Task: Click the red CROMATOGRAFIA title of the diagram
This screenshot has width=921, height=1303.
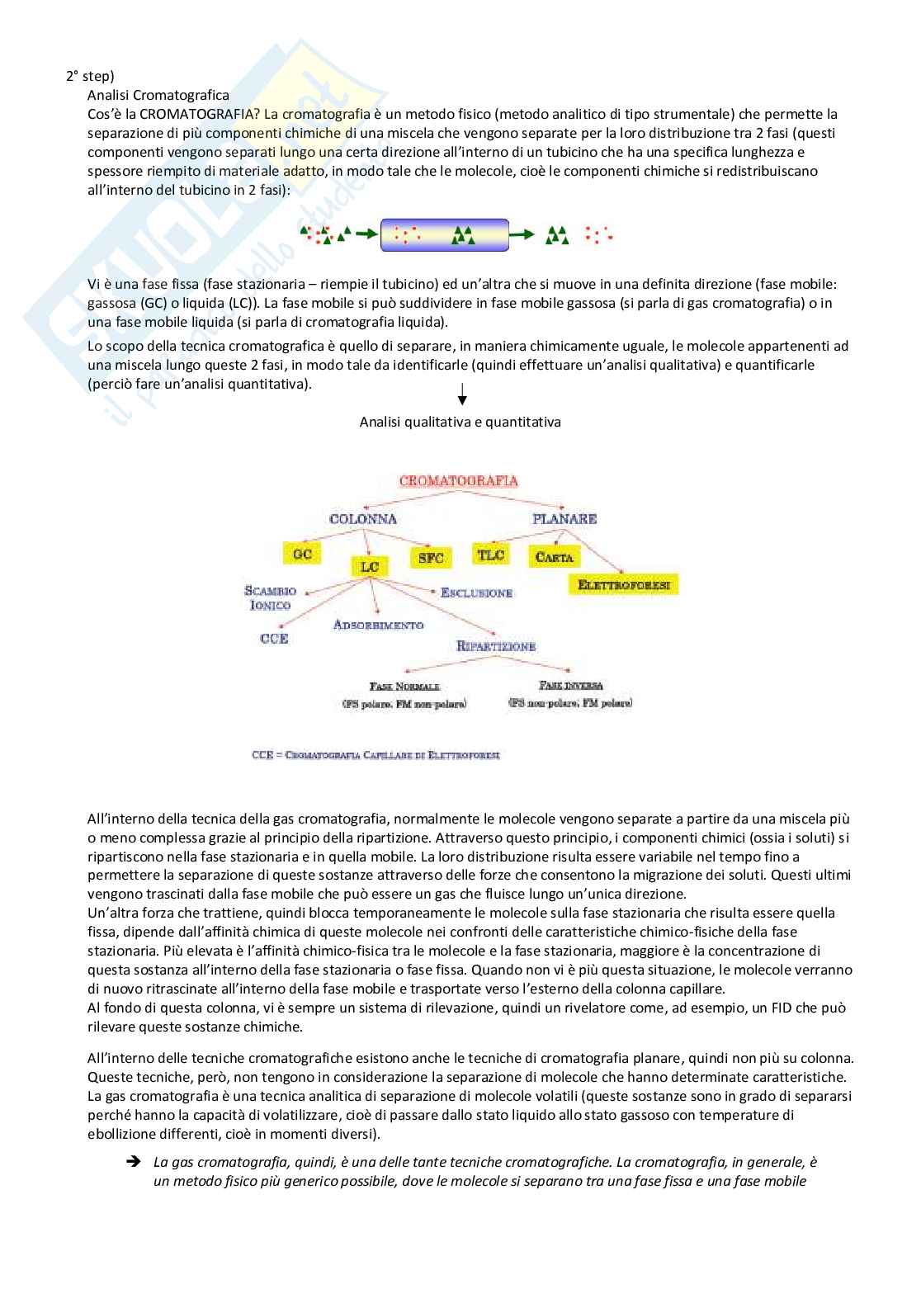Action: (458, 480)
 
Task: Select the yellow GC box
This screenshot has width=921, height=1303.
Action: (302, 554)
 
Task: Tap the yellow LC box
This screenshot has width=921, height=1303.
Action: (369, 566)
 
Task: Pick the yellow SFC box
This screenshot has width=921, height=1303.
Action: (431, 558)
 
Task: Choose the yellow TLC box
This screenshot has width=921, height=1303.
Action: (491, 555)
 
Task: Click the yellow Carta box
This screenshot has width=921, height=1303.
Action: (554, 557)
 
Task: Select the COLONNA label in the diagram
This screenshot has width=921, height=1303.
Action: (362, 519)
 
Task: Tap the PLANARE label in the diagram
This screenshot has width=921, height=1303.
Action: (564, 519)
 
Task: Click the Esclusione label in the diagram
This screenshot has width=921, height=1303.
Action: (476, 592)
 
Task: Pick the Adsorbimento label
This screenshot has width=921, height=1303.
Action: (378, 625)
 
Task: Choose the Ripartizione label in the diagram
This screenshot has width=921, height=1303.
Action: (496, 646)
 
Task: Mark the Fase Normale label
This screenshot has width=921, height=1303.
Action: (404, 687)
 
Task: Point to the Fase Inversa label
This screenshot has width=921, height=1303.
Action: (571, 686)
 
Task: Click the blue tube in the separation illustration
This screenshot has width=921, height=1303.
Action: (444, 235)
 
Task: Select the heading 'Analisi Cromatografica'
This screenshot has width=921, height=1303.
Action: (158, 95)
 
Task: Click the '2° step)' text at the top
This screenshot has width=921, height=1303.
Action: (90, 75)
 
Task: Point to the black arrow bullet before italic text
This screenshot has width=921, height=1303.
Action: (132, 1162)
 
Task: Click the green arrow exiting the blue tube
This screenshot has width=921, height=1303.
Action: (522, 235)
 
